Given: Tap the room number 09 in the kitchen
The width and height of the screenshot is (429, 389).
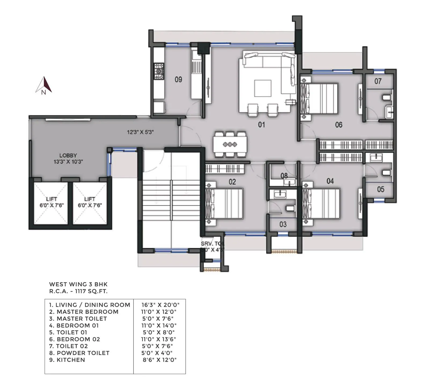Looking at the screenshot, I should coord(178,80).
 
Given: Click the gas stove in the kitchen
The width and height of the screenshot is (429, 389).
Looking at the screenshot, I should coord(159,71).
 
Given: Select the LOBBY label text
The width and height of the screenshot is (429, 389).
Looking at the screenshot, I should coord(68,156).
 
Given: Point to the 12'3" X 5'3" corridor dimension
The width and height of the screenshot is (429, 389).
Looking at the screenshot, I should coord(140,132).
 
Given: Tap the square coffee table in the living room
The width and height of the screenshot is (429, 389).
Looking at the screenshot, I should coord(263,88).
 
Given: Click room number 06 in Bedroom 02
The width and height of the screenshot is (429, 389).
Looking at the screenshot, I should coord(339,125).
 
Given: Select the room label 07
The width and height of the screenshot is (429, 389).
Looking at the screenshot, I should coord(378,81).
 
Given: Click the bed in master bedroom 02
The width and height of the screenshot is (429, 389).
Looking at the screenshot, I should coord(224,203).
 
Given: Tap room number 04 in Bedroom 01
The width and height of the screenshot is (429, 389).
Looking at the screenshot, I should coord(330,181).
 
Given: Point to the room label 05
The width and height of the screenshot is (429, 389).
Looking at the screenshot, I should coord(380,189).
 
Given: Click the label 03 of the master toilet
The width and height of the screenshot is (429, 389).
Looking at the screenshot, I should coord(283,224).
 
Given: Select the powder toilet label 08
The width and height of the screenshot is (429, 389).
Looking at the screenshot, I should coord(284,176).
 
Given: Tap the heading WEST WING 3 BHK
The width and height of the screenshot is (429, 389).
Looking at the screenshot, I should coord(78,284).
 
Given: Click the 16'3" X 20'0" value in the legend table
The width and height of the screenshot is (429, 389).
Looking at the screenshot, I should coord(160,305).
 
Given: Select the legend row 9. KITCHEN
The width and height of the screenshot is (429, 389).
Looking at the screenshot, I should coord(67,360).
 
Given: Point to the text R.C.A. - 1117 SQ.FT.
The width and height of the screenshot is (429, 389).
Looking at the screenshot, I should coord(78,291).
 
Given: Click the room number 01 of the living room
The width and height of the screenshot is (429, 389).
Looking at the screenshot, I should coord(261,125).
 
